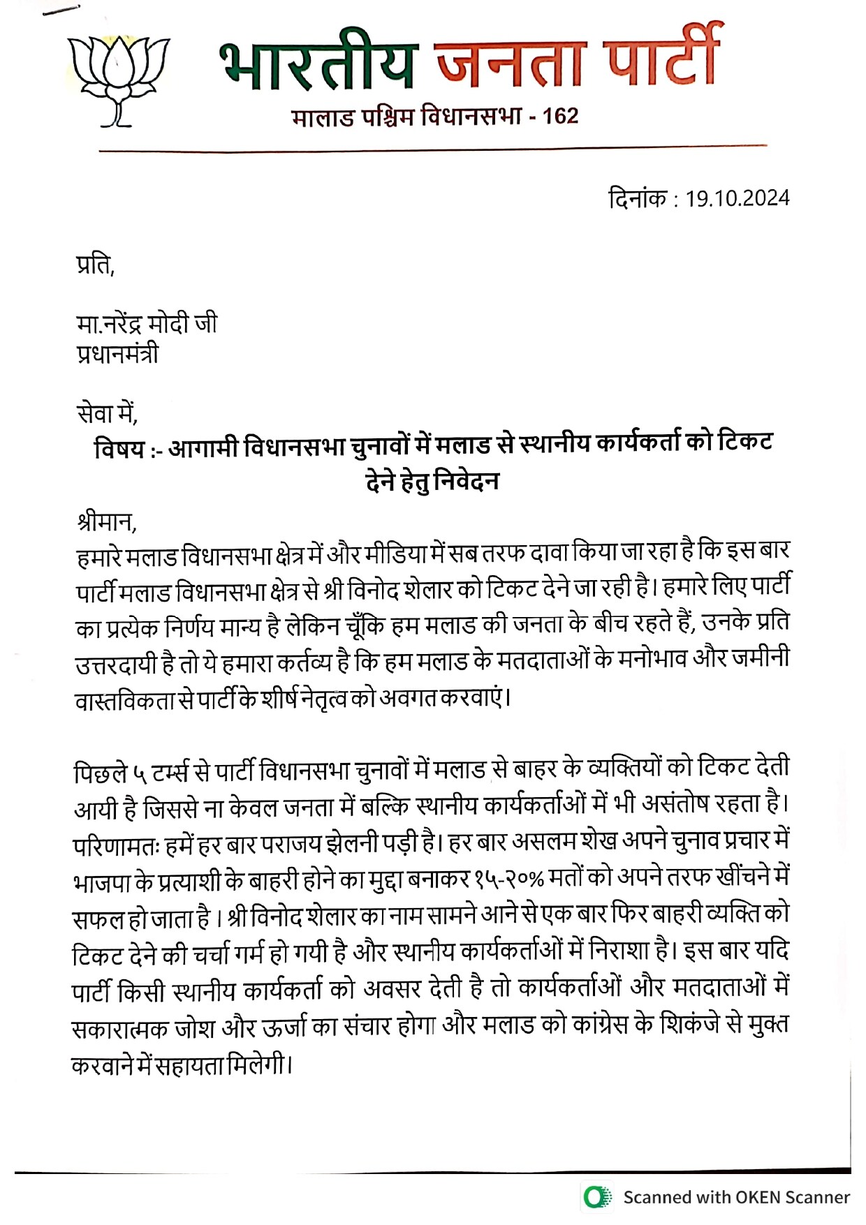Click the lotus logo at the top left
(119, 80)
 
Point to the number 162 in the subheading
(560, 115)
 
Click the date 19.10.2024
(737, 198)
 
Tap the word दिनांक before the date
(638, 198)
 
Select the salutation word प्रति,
(95, 265)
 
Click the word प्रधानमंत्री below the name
(117, 354)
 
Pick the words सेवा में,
(107, 414)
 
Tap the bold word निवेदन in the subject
(466, 481)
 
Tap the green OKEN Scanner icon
(596, 1197)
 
